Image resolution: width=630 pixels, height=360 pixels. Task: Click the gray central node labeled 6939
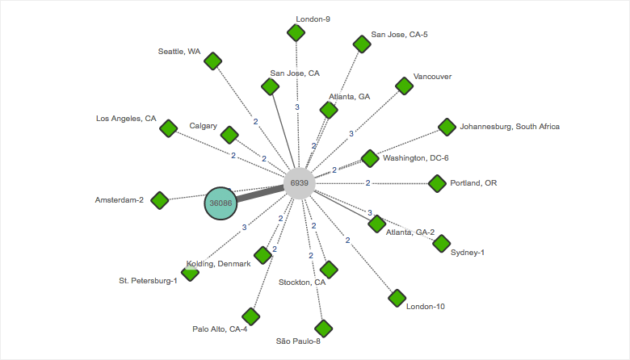point(299,184)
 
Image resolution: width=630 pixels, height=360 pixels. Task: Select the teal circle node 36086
point(220,203)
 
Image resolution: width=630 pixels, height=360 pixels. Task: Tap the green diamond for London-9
point(296,32)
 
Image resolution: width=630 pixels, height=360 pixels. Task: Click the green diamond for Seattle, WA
point(213,61)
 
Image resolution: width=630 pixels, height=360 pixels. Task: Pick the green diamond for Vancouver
point(403,86)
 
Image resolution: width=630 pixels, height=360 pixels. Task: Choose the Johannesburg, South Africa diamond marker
point(447,127)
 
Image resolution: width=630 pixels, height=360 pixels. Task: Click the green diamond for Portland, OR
point(437,183)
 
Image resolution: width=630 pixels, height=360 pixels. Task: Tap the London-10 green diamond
point(397,298)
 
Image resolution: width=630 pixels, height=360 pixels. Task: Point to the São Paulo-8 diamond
point(323,329)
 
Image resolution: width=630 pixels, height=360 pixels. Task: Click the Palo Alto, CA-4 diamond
point(250,316)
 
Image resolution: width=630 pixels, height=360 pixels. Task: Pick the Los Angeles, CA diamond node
point(168,128)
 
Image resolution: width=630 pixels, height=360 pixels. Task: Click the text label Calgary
point(203,126)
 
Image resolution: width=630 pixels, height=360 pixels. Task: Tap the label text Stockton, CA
point(302,283)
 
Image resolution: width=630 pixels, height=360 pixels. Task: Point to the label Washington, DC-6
point(415,158)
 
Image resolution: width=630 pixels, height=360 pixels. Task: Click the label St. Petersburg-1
point(148,281)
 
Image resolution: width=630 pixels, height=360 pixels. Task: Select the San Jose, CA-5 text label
point(399,35)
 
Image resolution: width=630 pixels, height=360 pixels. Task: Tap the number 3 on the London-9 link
point(297,107)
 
